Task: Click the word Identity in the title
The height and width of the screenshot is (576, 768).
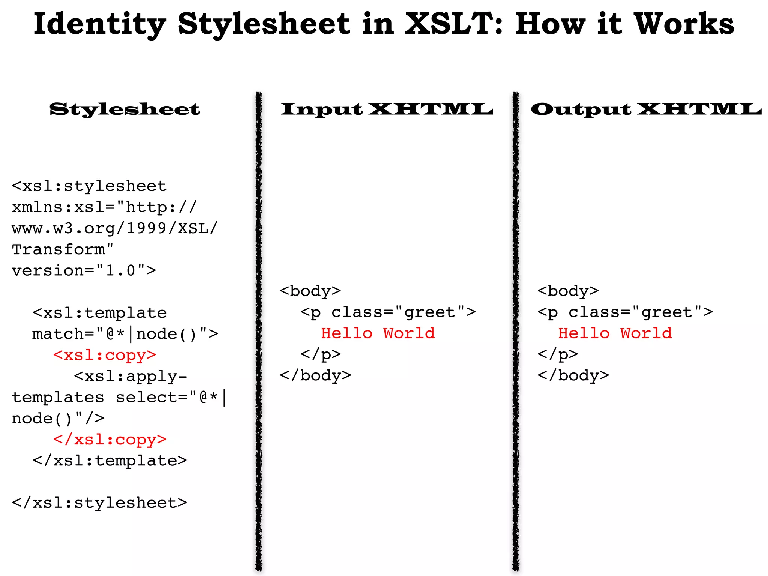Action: (x=99, y=24)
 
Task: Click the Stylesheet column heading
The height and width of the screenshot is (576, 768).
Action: (x=125, y=109)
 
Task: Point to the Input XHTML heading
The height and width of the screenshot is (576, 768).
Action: (x=387, y=109)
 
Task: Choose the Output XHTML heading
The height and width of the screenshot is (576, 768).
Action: (x=646, y=109)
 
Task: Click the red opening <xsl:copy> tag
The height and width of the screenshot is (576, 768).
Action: (x=105, y=355)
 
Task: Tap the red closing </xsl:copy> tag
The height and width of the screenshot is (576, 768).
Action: (x=109, y=439)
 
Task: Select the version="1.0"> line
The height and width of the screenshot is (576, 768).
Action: (x=84, y=270)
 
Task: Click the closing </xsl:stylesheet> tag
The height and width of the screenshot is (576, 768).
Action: (x=99, y=502)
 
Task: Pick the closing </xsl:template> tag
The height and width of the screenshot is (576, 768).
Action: (x=109, y=460)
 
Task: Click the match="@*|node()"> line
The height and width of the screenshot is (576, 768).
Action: (x=125, y=334)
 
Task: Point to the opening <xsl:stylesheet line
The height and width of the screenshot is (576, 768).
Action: (x=89, y=186)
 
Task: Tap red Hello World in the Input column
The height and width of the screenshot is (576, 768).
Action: (x=378, y=333)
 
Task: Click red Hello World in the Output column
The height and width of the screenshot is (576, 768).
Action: (x=615, y=333)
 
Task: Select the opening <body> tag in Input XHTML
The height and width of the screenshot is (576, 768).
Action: (x=310, y=291)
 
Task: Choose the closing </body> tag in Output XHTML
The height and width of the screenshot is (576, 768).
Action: (x=573, y=375)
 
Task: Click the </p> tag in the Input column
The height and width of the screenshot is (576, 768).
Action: (x=321, y=354)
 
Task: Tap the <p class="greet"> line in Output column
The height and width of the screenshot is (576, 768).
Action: (x=625, y=312)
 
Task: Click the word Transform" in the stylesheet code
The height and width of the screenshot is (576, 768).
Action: (x=63, y=249)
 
